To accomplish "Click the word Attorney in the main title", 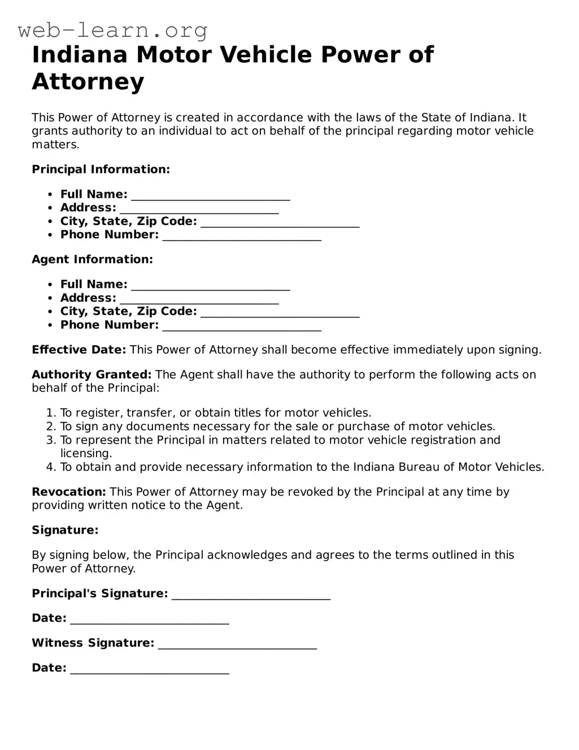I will point(88,81).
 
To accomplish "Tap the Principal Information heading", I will point(101,170).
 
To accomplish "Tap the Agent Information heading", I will point(92,259).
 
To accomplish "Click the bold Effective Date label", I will point(79,350).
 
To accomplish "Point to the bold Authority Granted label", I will point(92,375).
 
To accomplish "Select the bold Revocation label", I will point(68,492).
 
